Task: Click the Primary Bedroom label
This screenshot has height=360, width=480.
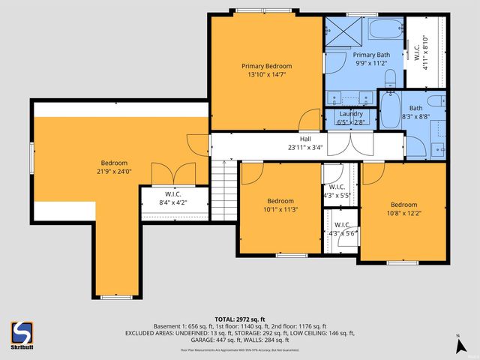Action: pos(266,65)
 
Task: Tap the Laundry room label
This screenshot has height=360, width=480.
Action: pos(351,114)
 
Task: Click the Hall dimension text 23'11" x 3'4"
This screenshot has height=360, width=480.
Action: pos(306,148)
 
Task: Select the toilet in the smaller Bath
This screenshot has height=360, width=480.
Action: pos(434,103)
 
